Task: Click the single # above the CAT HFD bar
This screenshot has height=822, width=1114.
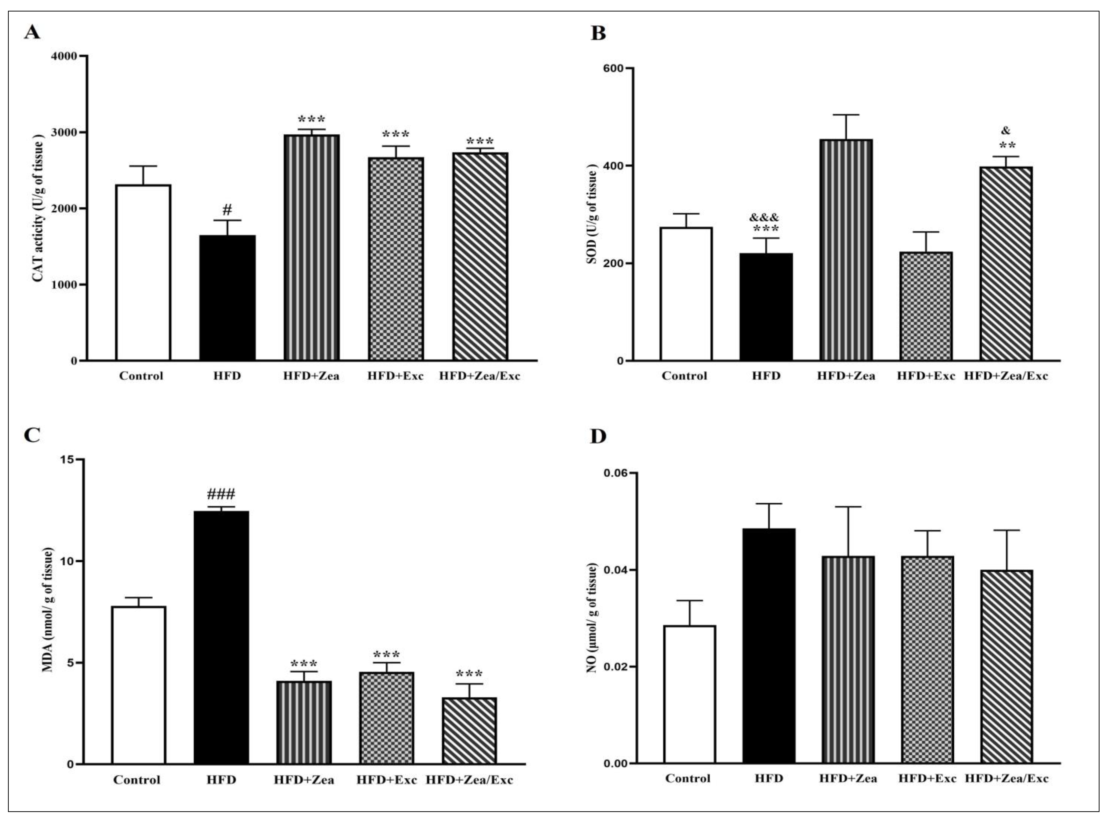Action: coord(227,209)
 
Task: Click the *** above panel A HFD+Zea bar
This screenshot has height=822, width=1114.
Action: coord(311,120)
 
